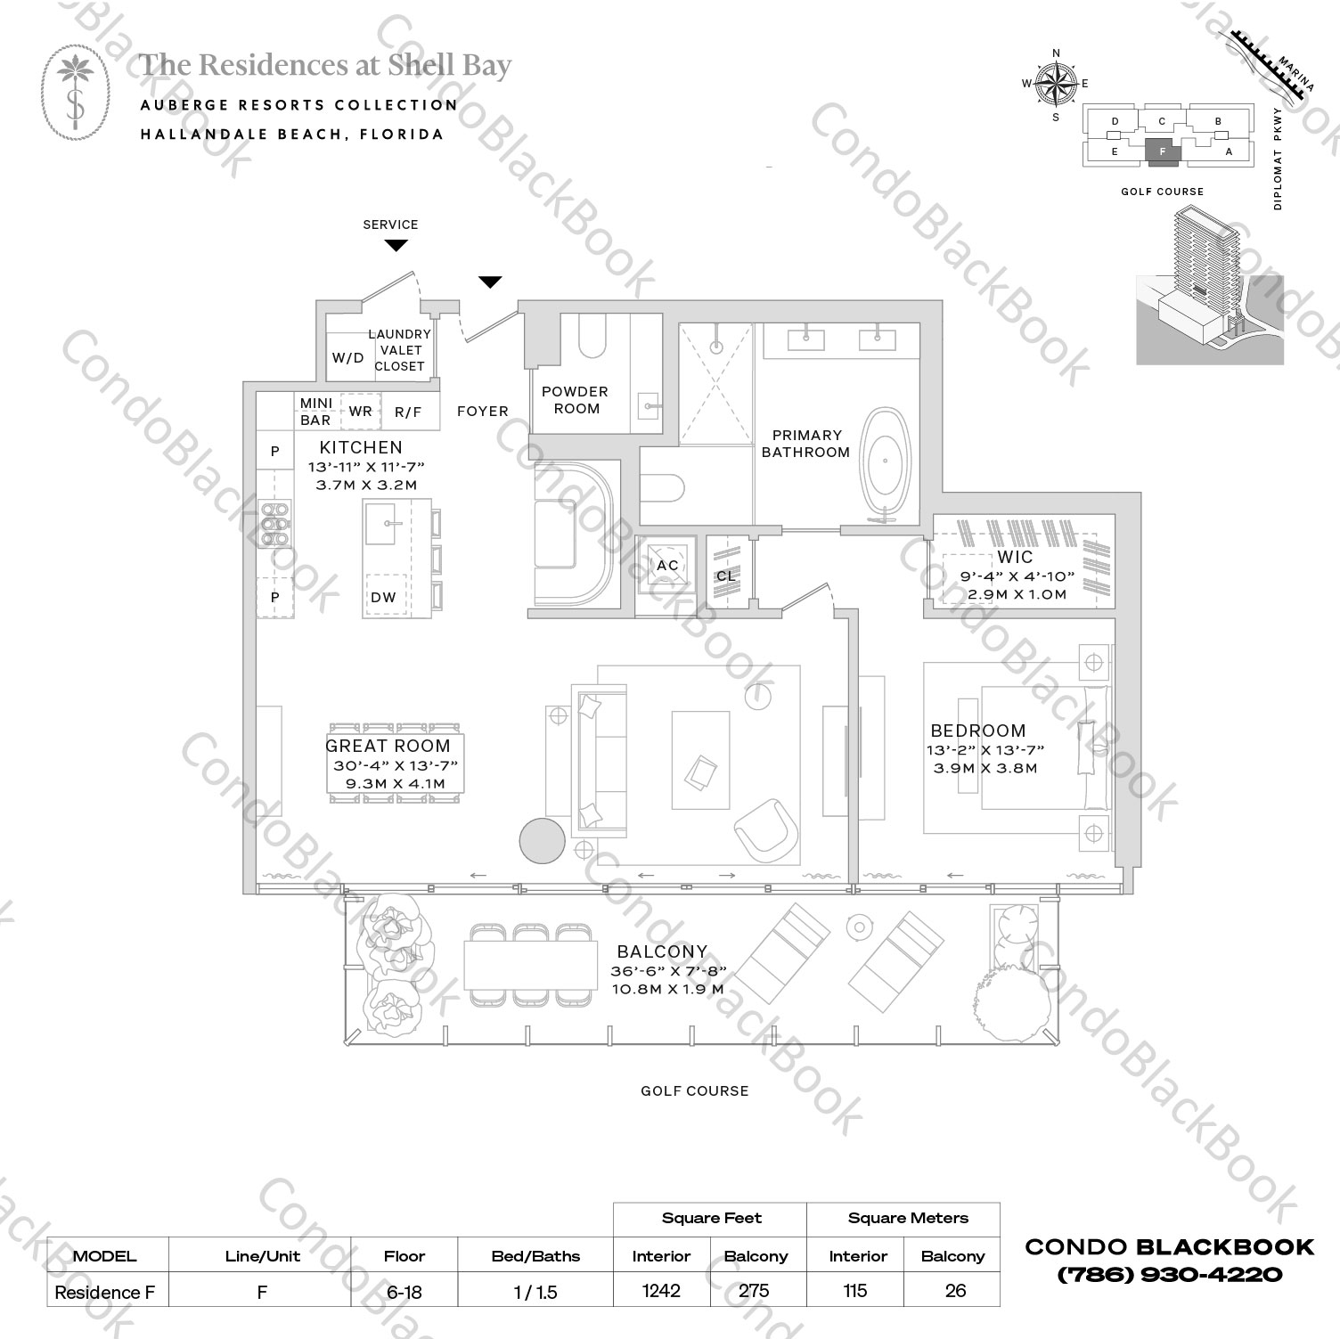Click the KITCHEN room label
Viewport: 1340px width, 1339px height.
[361, 448]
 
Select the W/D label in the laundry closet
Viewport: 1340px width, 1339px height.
[347, 358]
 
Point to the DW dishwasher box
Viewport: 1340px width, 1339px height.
[384, 597]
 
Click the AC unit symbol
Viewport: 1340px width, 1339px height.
[667, 565]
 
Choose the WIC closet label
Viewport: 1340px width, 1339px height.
[1015, 558]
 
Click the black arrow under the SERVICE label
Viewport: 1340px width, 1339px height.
[396, 245]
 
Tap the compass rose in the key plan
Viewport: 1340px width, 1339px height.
[1056, 85]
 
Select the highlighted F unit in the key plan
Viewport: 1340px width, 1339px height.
[1162, 152]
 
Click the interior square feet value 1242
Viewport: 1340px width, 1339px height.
[661, 1291]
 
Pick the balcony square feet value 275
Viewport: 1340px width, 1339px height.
[755, 1291]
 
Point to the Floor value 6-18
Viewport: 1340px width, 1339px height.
[404, 1292]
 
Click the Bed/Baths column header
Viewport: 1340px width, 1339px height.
[535, 1256]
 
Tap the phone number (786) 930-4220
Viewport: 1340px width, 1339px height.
[1170, 1275]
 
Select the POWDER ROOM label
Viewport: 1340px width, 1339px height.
[576, 400]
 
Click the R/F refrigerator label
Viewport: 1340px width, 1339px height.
[407, 412]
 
